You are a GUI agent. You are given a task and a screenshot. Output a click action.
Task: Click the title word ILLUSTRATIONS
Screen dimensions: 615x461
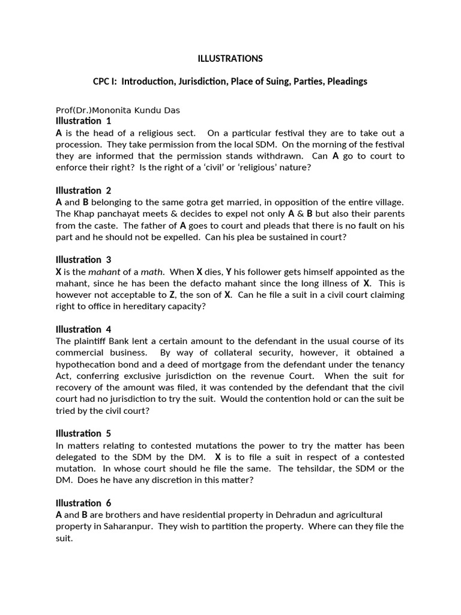tap(230, 58)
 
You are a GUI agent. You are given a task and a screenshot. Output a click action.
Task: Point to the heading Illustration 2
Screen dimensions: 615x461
tap(83, 190)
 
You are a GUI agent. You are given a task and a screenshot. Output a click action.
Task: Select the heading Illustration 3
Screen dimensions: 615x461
tap(83, 259)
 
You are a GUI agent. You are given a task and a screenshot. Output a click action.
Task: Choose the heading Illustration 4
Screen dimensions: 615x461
tap(83, 329)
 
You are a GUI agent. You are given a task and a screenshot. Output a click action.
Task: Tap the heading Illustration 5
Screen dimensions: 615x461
tap(83, 433)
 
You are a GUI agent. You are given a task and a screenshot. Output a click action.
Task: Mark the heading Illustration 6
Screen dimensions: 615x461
tap(83, 503)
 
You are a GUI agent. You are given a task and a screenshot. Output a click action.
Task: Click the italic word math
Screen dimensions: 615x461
tap(151, 271)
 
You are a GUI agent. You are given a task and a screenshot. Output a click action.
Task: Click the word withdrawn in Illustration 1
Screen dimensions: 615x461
tap(287, 156)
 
